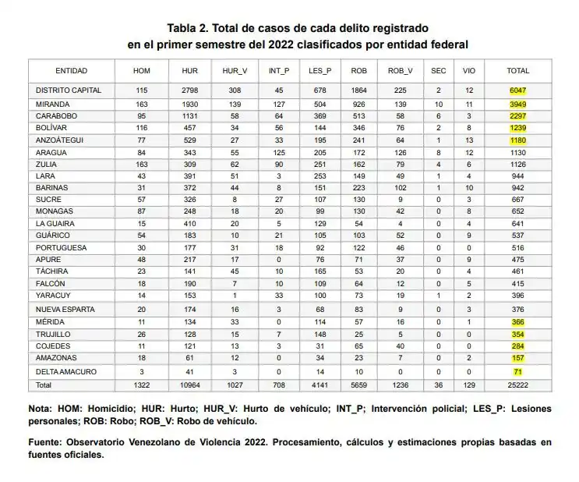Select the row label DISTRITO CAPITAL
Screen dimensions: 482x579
point(69,90)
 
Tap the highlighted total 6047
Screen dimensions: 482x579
point(517,90)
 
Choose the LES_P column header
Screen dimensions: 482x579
point(320,70)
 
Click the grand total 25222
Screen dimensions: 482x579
point(517,385)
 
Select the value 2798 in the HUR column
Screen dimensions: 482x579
point(190,90)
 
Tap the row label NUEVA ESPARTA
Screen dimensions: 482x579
point(65,308)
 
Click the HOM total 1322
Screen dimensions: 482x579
point(141,385)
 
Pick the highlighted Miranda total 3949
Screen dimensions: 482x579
point(517,104)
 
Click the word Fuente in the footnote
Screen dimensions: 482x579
point(48,442)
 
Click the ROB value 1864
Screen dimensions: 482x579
point(359,90)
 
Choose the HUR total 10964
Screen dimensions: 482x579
point(190,385)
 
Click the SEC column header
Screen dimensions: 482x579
point(439,70)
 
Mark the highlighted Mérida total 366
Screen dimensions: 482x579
point(517,321)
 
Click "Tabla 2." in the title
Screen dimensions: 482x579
point(192,28)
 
